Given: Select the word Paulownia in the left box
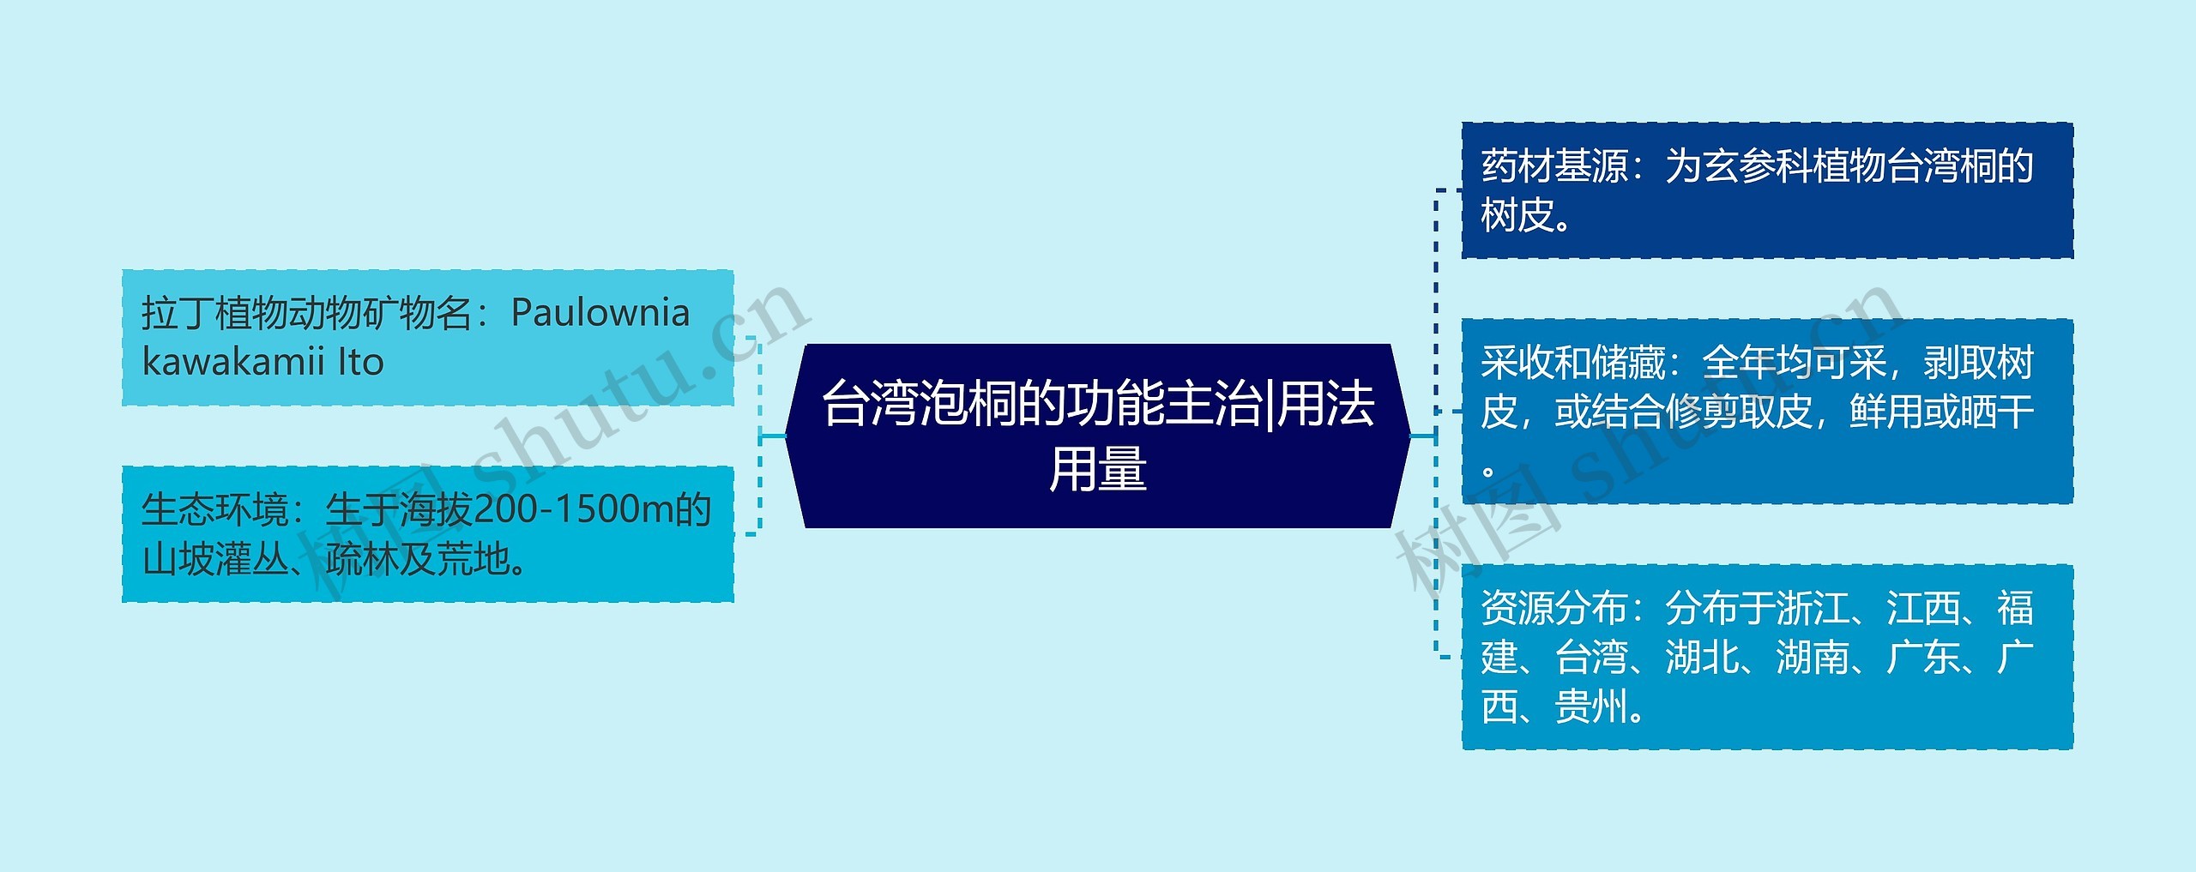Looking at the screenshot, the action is [600, 313].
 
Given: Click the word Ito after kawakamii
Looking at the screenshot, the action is [361, 362].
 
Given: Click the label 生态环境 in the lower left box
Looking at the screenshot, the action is [214, 509].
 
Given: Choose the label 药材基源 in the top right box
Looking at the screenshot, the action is [1554, 165].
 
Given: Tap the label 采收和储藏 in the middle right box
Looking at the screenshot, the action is [1572, 363].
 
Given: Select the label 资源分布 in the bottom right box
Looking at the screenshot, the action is [1554, 608].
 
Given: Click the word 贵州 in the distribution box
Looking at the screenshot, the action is [1591, 707].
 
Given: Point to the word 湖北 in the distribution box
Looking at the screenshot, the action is [1702, 658].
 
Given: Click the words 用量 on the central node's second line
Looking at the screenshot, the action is [1098, 469].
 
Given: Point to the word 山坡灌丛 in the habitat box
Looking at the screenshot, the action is [215, 559].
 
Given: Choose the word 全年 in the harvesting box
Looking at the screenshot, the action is [1738, 363].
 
